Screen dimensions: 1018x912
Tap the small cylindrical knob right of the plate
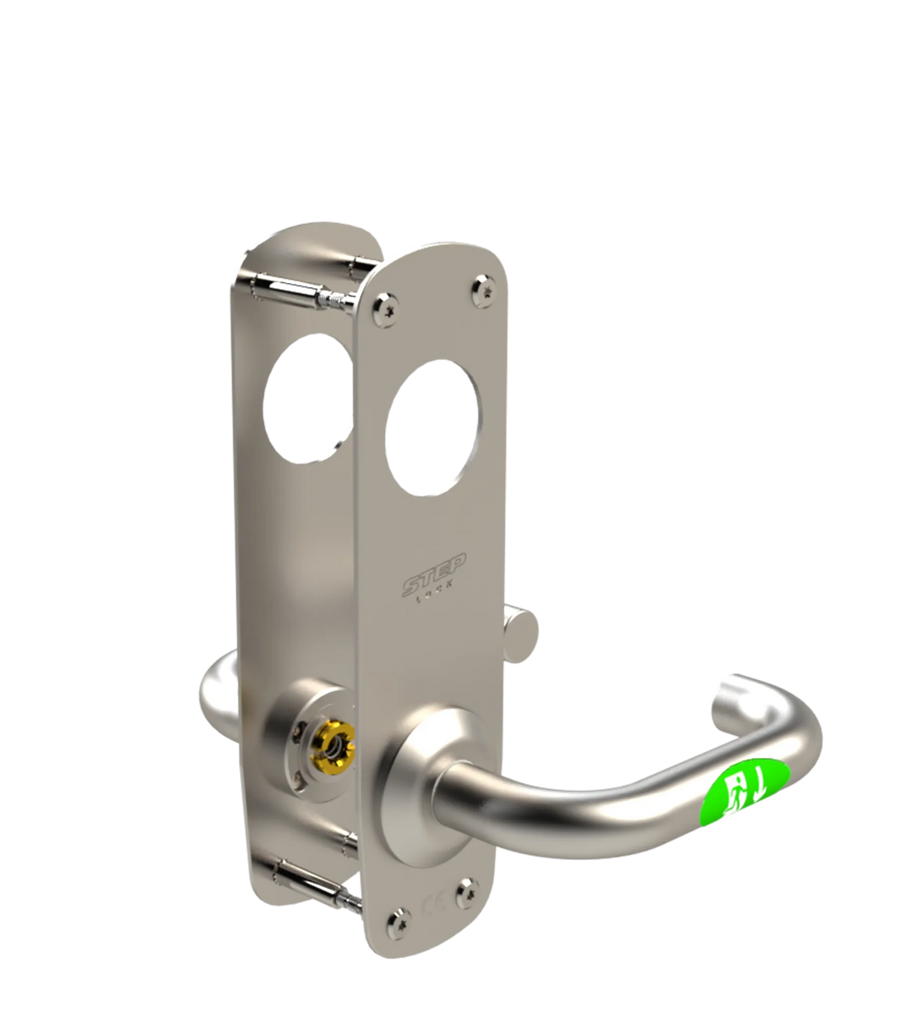point(522,630)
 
